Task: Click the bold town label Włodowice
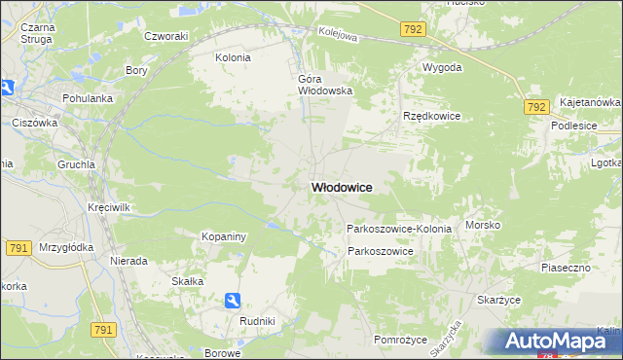[341, 187]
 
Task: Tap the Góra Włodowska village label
[324, 84]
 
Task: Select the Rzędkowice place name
[431, 116]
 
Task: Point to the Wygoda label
[442, 68]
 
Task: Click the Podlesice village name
[573, 126]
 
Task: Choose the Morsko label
[483, 225]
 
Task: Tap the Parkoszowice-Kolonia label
[399, 229]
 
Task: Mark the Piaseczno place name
[567, 266]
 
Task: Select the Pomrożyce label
[401, 339]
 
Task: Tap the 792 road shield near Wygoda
[413, 29]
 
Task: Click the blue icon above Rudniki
[231, 301]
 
